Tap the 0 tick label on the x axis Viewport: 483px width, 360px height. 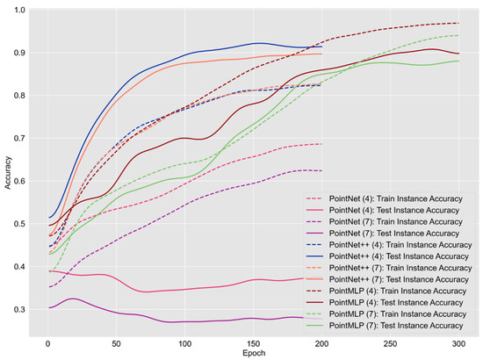[x=47, y=342]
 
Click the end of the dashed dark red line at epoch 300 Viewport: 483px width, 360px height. [x=458, y=23]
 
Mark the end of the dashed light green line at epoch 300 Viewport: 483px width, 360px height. [x=458, y=35]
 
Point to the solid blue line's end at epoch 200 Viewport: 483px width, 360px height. [x=321, y=47]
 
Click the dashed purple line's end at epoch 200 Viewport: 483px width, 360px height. [x=321, y=170]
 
